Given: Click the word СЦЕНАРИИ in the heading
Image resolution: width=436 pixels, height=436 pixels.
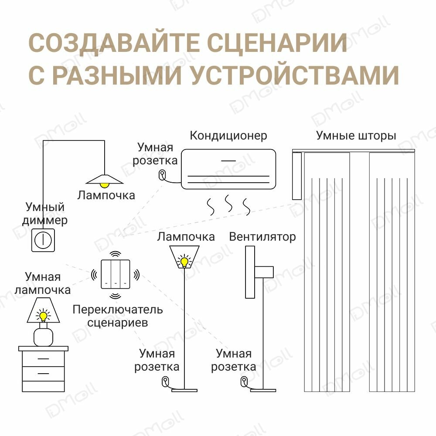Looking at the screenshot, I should point(277,44).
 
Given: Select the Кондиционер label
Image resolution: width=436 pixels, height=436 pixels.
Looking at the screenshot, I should point(228,136).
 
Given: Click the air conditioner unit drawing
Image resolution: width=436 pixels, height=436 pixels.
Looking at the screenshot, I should point(228,170).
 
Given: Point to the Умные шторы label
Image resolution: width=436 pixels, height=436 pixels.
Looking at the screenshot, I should point(356,136).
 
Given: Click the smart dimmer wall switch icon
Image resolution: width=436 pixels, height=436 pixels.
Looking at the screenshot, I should point(43,240).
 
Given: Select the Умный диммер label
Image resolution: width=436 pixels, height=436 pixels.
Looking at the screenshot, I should point(45,213).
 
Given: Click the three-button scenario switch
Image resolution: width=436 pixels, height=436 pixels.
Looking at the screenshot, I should point(115,274).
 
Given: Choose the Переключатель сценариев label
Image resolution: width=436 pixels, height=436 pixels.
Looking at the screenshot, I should point(117,316).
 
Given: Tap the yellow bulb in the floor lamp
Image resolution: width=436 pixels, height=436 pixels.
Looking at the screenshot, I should point(185,262).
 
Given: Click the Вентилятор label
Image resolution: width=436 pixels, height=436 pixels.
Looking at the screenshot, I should point(262,237).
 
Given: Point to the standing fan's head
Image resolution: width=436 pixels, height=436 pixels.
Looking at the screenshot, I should point(251,272).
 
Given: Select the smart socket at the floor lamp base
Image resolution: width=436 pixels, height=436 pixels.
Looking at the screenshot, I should point(165,381).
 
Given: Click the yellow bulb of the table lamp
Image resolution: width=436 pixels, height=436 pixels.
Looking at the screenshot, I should point(43,315).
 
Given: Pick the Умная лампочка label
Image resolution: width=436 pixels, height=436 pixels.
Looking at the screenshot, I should point(43,283).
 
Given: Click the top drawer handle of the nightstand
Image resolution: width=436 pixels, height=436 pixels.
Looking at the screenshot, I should point(43,359).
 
